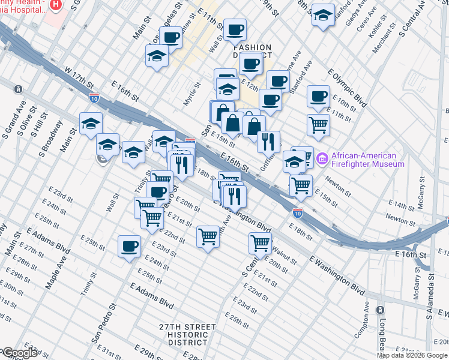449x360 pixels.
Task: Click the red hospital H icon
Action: [55, 4]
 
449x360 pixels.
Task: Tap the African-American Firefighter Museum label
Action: [368, 159]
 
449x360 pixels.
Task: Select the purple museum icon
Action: [322, 158]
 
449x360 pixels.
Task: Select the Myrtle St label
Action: [191, 95]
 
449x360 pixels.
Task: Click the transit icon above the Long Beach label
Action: [380, 310]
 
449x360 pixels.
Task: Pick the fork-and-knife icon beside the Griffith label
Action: [268, 142]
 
